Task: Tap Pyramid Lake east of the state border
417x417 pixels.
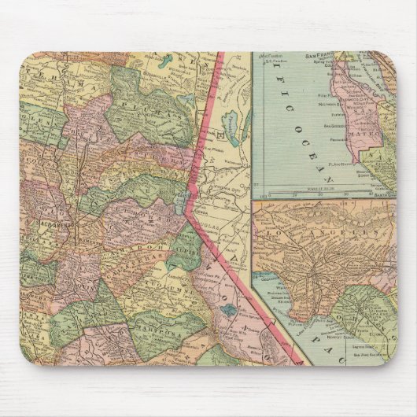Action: click(x=229, y=123)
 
